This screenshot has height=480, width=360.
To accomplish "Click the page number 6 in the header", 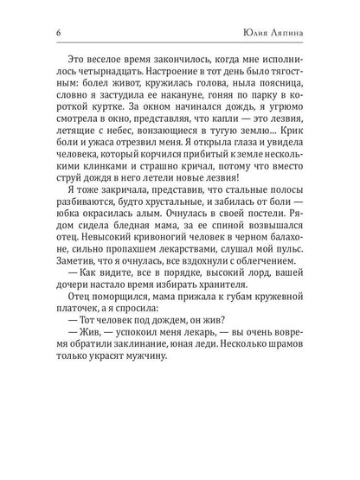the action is tap(32, 35).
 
